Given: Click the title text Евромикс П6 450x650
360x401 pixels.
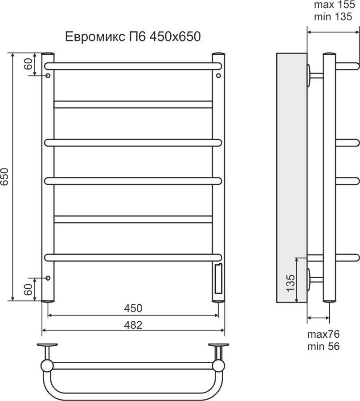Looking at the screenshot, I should coord(133,37).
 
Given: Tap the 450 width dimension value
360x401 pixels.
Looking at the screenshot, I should coord(133,308).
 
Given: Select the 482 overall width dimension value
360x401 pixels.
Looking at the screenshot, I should coord(133,325).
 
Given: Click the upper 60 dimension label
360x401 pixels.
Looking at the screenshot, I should coord(28,64).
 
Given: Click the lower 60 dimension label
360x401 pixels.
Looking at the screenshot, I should coord(28,290).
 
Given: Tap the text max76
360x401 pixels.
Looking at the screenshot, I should coord(323,334).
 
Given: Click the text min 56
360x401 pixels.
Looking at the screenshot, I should coord(323,346).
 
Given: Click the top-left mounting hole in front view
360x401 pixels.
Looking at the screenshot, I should coord(48,76).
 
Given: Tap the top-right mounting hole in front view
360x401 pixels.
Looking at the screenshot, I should coord(218,76).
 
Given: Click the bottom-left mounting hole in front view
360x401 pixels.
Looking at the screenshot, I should coord(48,278).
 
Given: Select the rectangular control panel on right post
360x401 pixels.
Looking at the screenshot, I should coord(218,279).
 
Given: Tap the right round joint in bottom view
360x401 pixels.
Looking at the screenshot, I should coord(218,366).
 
